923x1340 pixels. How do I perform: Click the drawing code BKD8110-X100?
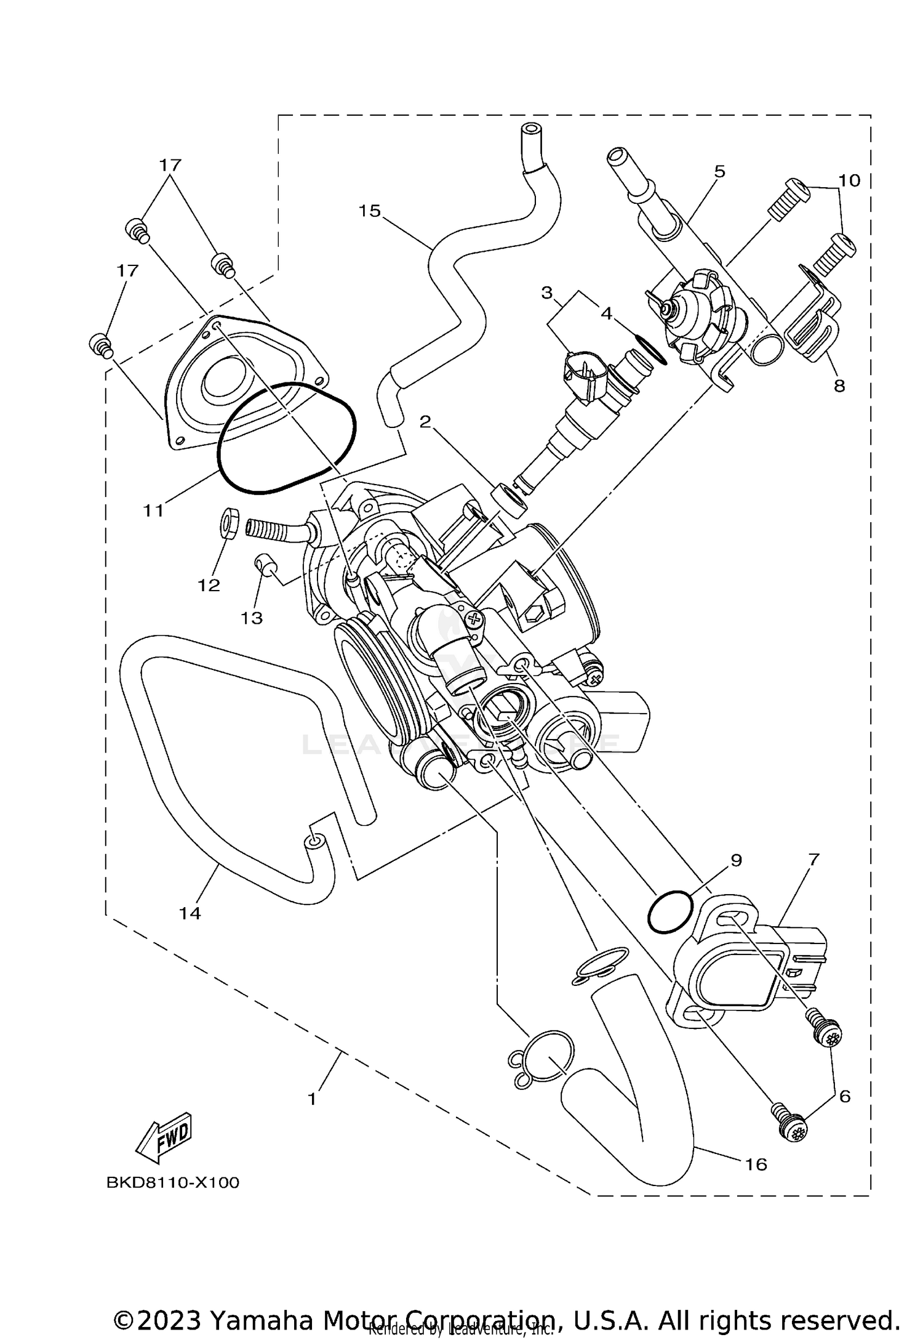click(173, 1183)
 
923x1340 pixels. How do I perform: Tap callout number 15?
click(370, 211)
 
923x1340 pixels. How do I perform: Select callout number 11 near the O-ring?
click(154, 510)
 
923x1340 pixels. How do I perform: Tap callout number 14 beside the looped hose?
click(190, 913)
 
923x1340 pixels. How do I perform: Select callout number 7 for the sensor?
click(813, 860)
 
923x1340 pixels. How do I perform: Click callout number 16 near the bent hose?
click(756, 1164)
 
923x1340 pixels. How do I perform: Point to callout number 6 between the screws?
click(845, 1096)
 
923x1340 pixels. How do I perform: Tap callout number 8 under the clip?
click(839, 386)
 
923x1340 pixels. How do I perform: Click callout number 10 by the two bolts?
click(849, 180)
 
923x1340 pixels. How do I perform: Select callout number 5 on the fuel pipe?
click(720, 171)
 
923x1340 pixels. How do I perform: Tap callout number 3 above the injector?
click(547, 293)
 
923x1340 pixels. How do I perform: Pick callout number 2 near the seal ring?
click(425, 422)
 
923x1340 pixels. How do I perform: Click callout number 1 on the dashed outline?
click(312, 1099)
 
